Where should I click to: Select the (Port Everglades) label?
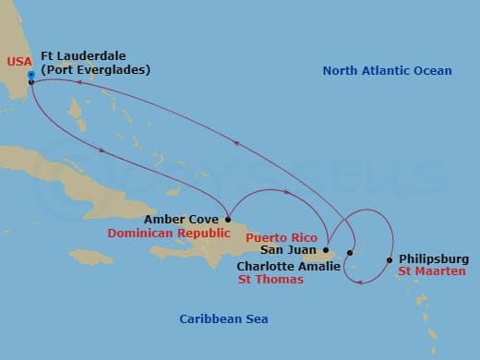(x=95, y=70)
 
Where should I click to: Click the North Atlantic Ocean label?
(x=388, y=71)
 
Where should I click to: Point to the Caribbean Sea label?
(x=223, y=319)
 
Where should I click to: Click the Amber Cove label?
(x=181, y=220)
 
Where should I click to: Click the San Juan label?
(x=289, y=249)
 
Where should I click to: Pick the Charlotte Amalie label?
(x=286, y=267)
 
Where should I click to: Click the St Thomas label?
(x=270, y=280)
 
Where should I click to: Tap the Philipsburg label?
(x=434, y=259)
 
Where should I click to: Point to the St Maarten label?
(x=432, y=272)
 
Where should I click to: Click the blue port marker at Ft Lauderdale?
(x=31, y=74)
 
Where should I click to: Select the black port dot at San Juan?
(x=326, y=249)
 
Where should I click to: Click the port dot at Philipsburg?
(x=390, y=259)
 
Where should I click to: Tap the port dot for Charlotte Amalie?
(x=350, y=252)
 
